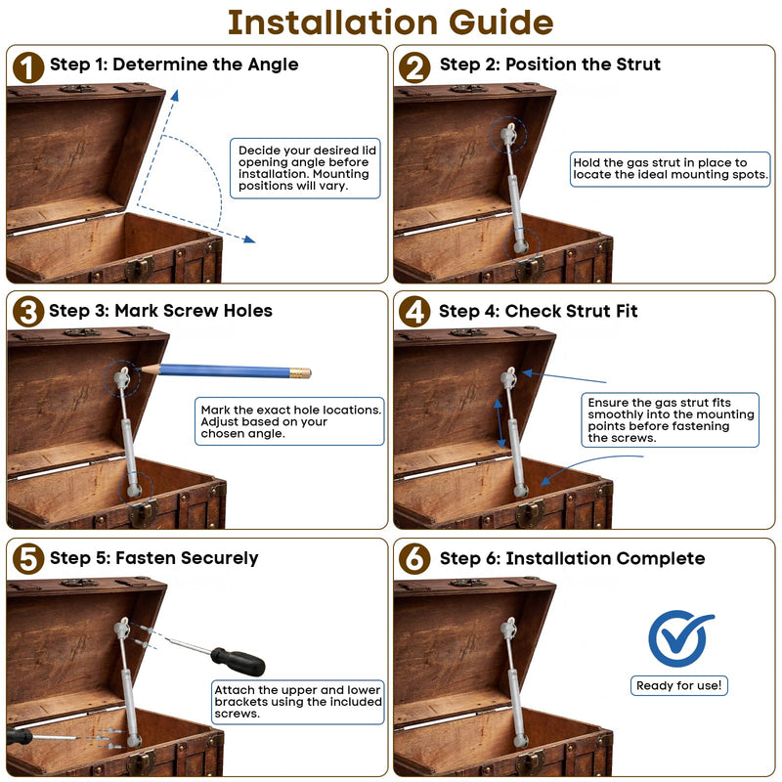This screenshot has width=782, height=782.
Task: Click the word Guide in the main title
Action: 500,22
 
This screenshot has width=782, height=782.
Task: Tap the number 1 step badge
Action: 28,67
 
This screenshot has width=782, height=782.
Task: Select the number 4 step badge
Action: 414,312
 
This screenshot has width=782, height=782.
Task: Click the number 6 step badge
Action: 414,558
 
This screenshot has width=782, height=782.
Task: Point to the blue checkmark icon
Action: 679,637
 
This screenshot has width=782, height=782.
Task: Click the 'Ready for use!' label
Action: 678,685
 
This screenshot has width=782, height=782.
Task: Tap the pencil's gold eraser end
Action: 301,373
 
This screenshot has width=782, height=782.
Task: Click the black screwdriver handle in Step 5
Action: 239,662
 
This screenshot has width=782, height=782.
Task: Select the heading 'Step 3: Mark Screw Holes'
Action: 160,311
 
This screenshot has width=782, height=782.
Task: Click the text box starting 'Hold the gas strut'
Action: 670,169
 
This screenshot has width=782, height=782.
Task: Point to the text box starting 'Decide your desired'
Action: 305,168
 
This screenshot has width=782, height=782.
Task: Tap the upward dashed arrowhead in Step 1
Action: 175,95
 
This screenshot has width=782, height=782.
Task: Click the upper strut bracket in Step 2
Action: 508,134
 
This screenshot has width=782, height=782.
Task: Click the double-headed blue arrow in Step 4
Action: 500,423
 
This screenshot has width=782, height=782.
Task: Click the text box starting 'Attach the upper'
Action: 298,702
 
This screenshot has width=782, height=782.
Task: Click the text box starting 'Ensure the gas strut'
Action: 670,420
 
